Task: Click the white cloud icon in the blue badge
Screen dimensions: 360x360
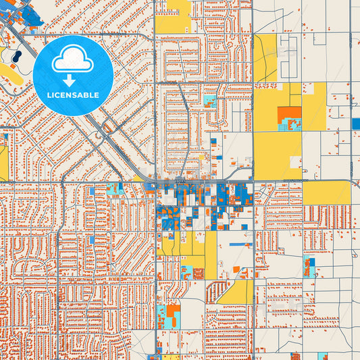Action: [x=73, y=61]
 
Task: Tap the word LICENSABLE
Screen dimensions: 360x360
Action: [x=73, y=95]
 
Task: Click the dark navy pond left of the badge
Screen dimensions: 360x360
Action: [x=16, y=55]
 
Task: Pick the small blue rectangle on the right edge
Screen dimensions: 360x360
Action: [x=356, y=124]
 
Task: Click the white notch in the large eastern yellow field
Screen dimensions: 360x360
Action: [x=295, y=163]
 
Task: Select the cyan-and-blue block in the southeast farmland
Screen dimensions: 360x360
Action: [x=309, y=266]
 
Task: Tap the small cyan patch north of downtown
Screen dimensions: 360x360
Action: [x=209, y=102]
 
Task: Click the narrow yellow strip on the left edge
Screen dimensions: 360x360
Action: [x=3, y=162]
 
